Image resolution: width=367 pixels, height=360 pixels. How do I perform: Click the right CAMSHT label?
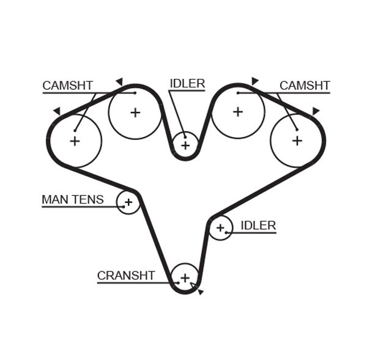click(305, 86)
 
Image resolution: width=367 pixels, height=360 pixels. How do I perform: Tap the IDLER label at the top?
click(187, 84)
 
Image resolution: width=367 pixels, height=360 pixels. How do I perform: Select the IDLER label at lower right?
click(258, 226)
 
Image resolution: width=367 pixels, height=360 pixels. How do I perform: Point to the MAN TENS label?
click(72, 200)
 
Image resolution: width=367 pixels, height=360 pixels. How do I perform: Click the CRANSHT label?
click(126, 276)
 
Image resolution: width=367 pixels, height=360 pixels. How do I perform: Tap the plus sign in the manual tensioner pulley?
click(128, 202)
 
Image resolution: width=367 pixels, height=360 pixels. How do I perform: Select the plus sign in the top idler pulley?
click(185, 145)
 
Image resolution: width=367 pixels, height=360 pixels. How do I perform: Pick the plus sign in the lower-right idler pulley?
click(220, 228)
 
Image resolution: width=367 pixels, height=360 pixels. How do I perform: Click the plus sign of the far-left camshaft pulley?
click(75, 141)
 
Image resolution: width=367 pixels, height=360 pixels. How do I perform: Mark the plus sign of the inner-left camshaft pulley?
click(135, 112)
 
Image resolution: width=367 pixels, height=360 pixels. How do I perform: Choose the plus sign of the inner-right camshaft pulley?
click(237, 112)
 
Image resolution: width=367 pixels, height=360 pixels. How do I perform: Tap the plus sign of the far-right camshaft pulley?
click(297, 141)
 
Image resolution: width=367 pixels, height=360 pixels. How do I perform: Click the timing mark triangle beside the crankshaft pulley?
click(200, 292)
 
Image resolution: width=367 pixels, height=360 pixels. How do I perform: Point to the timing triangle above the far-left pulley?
click(57, 111)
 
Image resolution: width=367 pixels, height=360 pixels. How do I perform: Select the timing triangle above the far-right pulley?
click(316, 111)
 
